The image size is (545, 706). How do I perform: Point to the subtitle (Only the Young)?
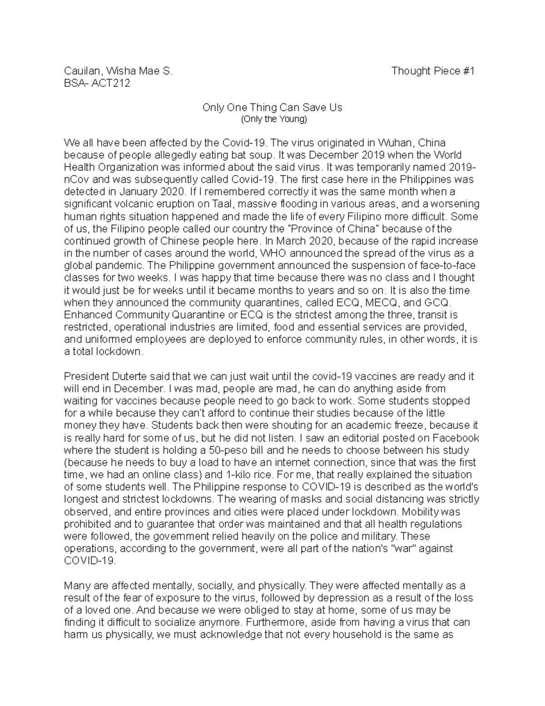(x=272, y=120)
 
